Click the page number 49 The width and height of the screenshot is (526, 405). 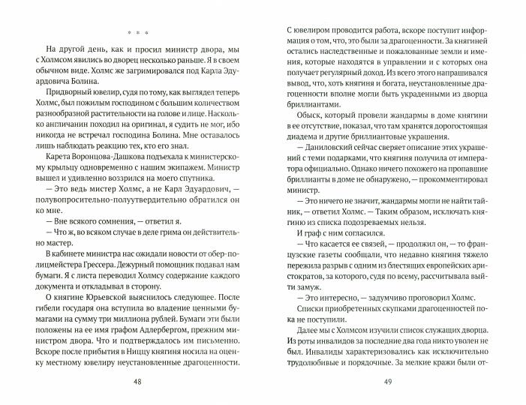coord(387,380)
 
